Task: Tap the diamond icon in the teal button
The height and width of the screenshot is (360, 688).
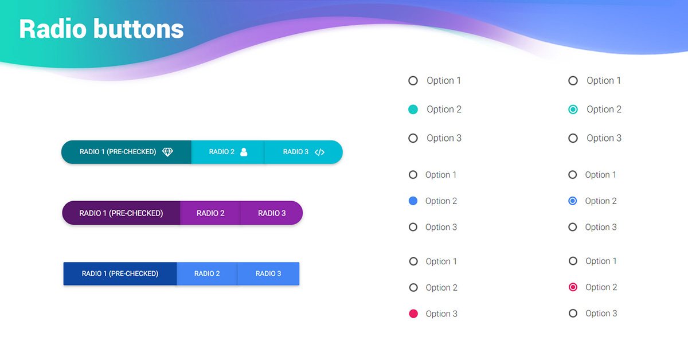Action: pos(167,152)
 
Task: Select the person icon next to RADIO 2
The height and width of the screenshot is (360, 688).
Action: pos(244,152)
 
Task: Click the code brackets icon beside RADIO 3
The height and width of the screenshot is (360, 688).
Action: pos(320,152)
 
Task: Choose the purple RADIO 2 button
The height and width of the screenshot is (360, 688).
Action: pos(210,213)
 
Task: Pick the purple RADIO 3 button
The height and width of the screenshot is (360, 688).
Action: pos(272,213)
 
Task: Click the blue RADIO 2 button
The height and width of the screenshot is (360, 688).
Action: pos(207,273)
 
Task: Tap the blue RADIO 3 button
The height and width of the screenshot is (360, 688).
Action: pos(268,273)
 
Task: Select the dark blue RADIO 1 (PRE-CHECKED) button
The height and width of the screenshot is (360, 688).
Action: pos(120,273)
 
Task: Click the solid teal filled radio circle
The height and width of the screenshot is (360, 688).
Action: pos(413,109)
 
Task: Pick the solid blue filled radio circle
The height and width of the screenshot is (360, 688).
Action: pos(413,201)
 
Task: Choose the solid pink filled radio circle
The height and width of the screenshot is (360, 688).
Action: pos(413,314)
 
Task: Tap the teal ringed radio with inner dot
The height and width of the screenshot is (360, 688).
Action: pos(573,109)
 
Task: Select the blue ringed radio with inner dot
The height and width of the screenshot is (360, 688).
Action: pos(572,201)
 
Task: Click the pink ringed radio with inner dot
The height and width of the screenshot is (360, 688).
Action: pos(573,287)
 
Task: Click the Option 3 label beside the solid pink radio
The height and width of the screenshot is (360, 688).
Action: pos(441,314)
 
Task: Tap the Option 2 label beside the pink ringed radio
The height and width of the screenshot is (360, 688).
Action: pos(601,287)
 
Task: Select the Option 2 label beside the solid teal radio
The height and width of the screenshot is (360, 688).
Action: pos(444,109)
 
